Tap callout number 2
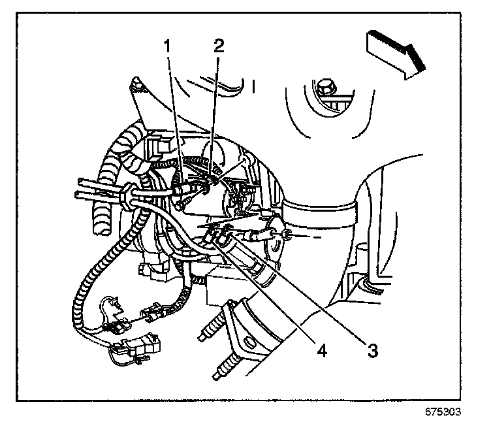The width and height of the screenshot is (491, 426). pos(219,46)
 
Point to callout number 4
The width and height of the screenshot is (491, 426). pos(321,350)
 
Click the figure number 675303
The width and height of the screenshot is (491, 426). pos(443,412)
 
